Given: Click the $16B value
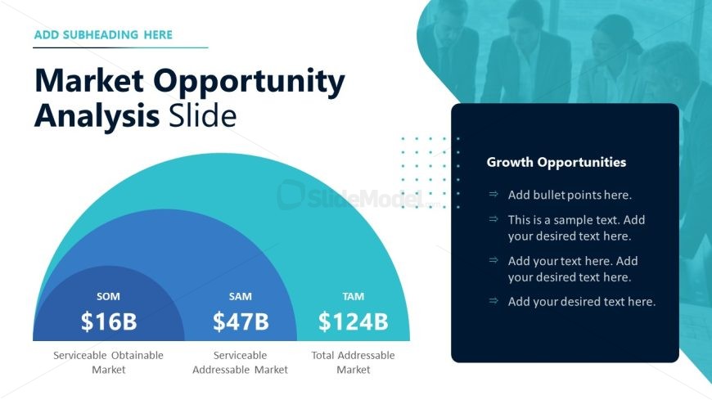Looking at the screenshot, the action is (109, 321).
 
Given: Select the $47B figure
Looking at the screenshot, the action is (241, 321).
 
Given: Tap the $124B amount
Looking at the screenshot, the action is (354, 321).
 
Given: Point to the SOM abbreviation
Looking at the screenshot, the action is (108, 296).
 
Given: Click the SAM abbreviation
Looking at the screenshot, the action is (241, 296).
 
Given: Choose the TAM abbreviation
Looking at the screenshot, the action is (354, 296).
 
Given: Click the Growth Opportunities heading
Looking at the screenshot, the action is (557, 162).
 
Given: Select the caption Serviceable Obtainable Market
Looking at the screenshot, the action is (108, 362).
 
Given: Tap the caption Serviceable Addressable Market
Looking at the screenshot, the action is (241, 362).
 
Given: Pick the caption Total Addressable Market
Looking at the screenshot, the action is (354, 362).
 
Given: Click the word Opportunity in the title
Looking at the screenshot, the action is (249, 82).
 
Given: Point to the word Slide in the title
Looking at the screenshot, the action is (202, 115).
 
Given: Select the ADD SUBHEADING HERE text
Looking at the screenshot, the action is (104, 35).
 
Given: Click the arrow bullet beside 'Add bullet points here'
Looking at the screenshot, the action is (493, 195).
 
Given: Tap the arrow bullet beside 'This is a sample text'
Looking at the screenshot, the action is (493, 219).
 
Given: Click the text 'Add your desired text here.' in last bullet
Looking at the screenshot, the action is (582, 302).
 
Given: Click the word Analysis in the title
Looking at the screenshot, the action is (97, 116).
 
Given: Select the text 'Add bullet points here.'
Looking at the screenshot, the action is (570, 195).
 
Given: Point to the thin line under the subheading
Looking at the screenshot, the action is (121, 47).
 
